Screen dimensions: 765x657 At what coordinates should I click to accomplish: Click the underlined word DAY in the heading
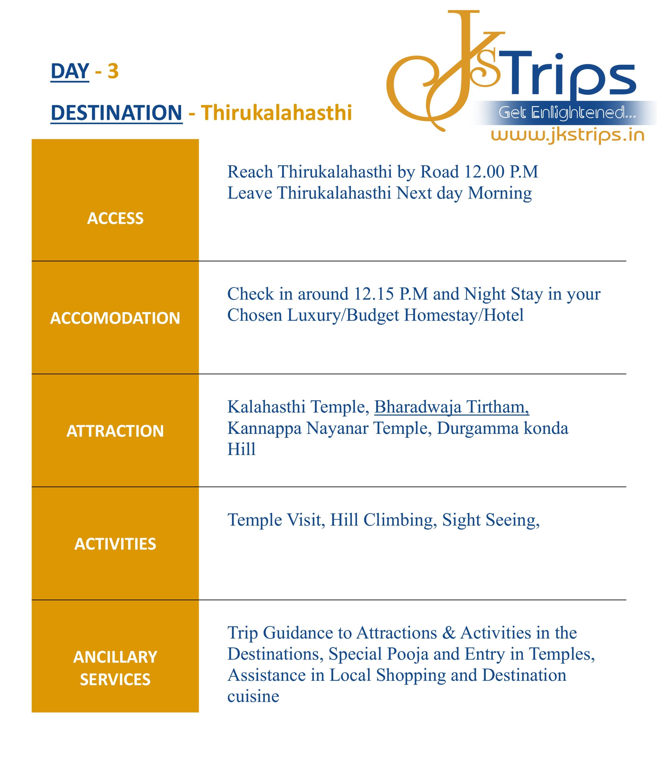tap(70, 71)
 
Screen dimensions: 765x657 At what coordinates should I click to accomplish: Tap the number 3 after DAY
tap(113, 71)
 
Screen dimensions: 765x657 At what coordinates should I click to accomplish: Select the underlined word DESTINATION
tap(116, 113)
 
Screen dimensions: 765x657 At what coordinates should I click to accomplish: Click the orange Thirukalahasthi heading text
tap(276, 113)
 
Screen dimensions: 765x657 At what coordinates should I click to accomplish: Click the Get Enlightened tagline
tap(567, 113)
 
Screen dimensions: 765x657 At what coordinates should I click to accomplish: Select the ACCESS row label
tap(115, 218)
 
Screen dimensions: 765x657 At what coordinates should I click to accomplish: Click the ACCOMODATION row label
tap(115, 318)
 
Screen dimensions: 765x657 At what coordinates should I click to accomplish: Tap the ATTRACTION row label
tap(115, 431)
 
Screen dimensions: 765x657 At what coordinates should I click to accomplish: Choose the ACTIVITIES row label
tap(115, 544)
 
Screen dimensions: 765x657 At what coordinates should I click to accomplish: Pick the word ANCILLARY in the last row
tap(115, 657)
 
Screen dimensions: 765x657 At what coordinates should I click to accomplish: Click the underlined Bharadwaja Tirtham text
tap(452, 407)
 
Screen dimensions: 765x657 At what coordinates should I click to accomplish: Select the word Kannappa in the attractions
tap(264, 429)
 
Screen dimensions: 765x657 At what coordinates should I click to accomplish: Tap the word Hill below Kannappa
tap(241, 450)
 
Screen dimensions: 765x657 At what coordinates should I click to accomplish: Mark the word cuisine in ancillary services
tap(253, 697)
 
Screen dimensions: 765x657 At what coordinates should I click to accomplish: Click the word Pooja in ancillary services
tap(408, 654)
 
